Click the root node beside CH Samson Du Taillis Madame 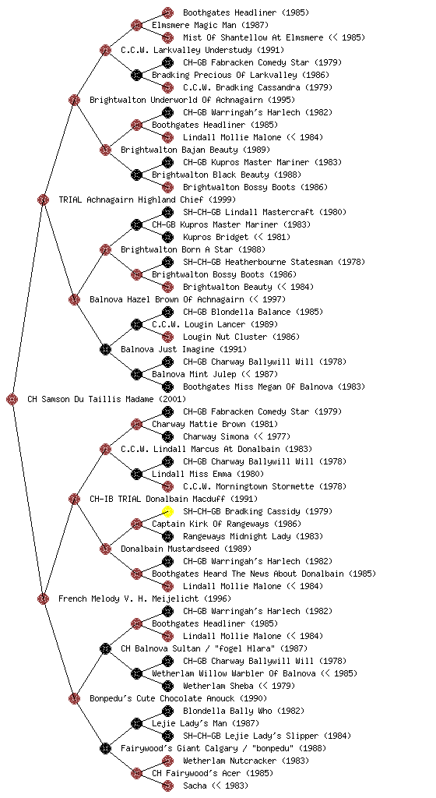point(12,400)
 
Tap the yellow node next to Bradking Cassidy point(167,511)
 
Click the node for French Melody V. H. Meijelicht point(43,599)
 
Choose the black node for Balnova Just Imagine point(105,350)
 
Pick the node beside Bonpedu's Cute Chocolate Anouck point(74,699)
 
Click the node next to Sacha point(167,786)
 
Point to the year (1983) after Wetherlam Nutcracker point(295,761)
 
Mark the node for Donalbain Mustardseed point(105,549)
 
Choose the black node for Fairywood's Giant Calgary point(105,749)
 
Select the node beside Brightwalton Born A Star point(105,250)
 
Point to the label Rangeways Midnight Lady point(237,536)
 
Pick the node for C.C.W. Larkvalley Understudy point(105,51)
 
